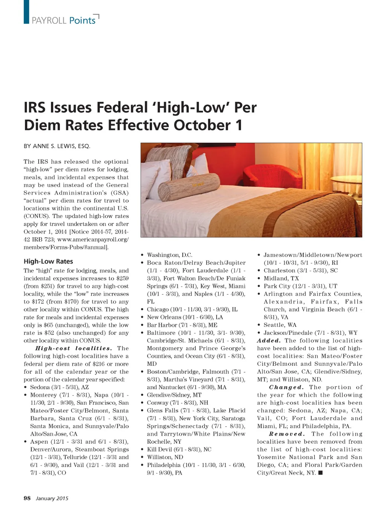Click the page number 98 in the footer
click(27, 498)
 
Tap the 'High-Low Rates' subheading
click(48, 261)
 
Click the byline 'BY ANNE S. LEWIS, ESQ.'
click(57, 146)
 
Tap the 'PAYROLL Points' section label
click(63, 20)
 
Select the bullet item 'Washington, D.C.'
click(170, 255)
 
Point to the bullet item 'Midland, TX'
click(281, 278)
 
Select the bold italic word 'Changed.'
click(286, 387)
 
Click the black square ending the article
click(320, 473)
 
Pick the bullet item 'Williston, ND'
click(165, 457)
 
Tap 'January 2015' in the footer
click(52, 498)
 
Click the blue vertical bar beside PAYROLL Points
click(26, 12)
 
